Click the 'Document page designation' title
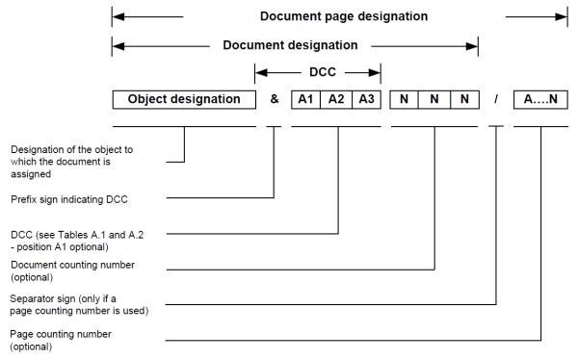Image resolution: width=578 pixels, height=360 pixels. coord(344,16)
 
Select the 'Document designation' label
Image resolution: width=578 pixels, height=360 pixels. coord(290,45)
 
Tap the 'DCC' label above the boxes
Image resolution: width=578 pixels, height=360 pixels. coord(317,71)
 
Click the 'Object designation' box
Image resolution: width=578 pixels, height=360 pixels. coord(183,98)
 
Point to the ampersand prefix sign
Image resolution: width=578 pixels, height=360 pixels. coord(274,98)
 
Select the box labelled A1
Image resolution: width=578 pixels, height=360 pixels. coord(305,98)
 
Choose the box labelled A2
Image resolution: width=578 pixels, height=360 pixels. coord(335,98)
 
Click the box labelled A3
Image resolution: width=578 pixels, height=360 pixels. coord(366,98)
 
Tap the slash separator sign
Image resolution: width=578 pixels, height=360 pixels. coord(497,98)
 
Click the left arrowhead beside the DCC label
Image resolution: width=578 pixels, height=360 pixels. coord(259,71)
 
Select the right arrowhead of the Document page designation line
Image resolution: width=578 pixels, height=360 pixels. coord(563,16)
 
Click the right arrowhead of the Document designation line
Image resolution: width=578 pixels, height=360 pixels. coord(473,45)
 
